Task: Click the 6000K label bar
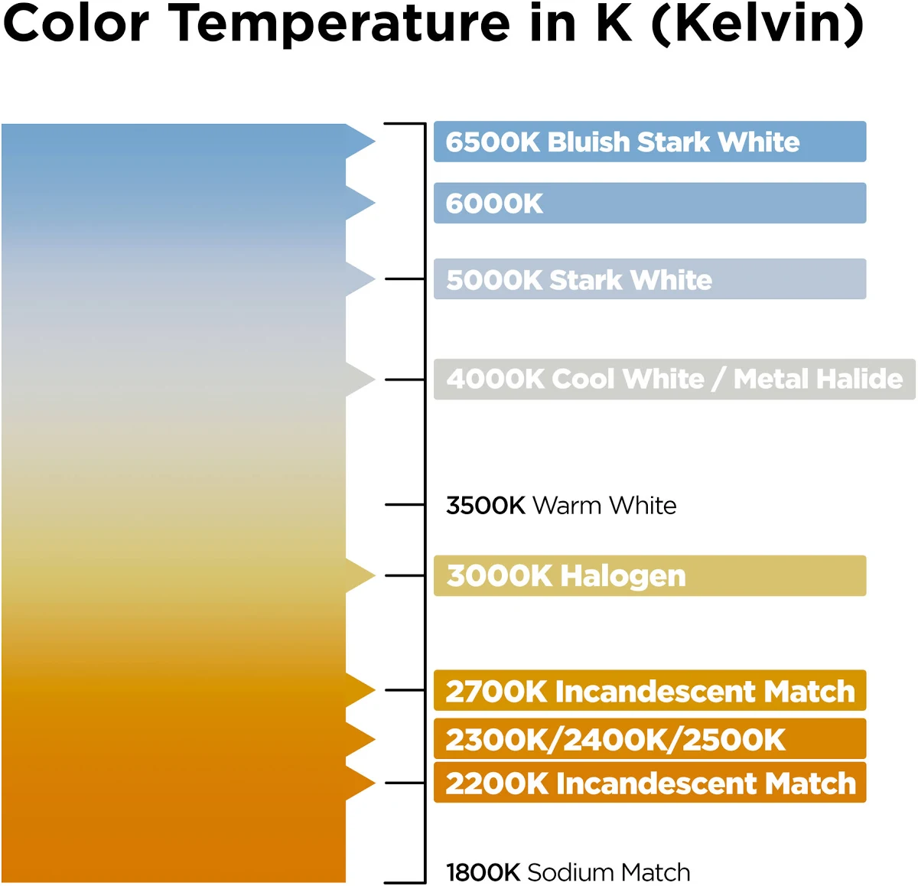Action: pyautogui.click(x=649, y=203)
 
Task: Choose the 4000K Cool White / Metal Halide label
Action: pyautogui.click(x=675, y=379)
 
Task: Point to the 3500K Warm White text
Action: pyautogui.click(x=561, y=505)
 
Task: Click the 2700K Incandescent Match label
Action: pyautogui.click(x=649, y=690)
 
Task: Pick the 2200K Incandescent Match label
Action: pyautogui.click(x=649, y=783)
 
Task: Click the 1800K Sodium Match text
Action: pyautogui.click(x=568, y=872)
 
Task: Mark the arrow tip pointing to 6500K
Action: pyautogui.click(x=375, y=141)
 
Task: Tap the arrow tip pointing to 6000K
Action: pyautogui.click(x=375, y=203)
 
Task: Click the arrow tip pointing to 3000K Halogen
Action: pyautogui.click(x=375, y=575)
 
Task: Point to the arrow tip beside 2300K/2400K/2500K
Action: pyautogui.click(x=375, y=739)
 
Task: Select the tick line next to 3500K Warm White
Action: pyautogui.click(x=405, y=505)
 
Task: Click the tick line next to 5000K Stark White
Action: pyautogui.click(x=405, y=279)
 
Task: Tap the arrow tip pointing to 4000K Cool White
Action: pyautogui.click(x=375, y=379)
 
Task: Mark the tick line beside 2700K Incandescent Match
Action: pyautogui.click(x=405, y=690)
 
